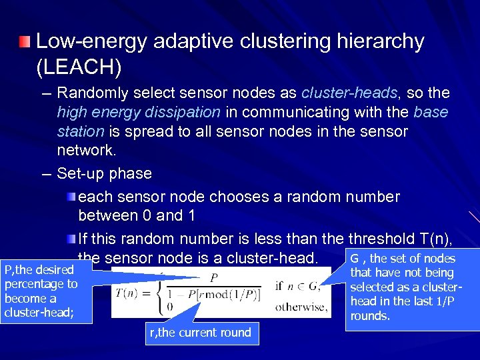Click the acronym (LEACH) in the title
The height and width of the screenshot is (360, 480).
point(74,67)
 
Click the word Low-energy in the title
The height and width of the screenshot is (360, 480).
point(92,41)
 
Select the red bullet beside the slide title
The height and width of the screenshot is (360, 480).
point(25,43)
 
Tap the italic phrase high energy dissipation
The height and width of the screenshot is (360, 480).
point(139,112)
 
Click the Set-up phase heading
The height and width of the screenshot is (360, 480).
point(105,173)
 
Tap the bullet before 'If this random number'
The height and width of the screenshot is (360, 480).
point(71,238)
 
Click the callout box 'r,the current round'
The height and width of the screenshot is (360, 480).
point(201,333)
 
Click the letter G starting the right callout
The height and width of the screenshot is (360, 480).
point(355,259)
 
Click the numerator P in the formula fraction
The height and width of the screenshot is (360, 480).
point(215,278)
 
